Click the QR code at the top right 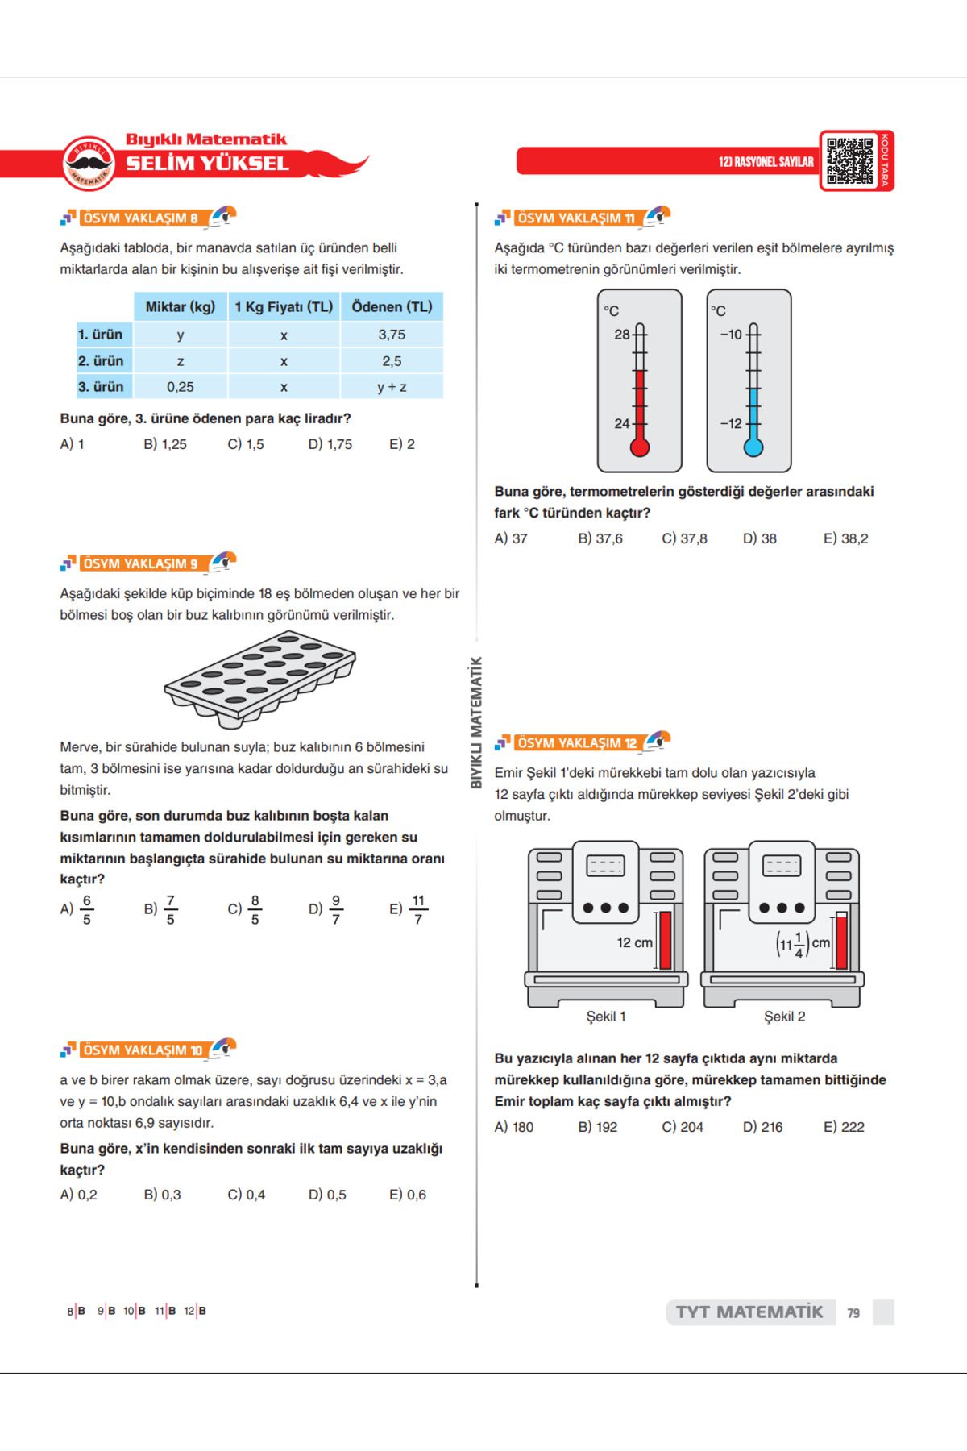pos(849,160)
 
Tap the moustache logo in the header pos(89,163)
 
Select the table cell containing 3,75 pos(392,335)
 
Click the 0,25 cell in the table pos(181,387)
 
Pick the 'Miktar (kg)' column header pos(181,307)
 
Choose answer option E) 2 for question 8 pos(402,444)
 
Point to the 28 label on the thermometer pos(621,335)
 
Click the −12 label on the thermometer pos(731,424)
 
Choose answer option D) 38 pos(760,538)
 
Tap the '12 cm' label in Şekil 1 pos(635,942)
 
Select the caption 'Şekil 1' pos(606,1017)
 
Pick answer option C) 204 pos(683,1127)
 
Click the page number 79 pos(853,1313)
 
